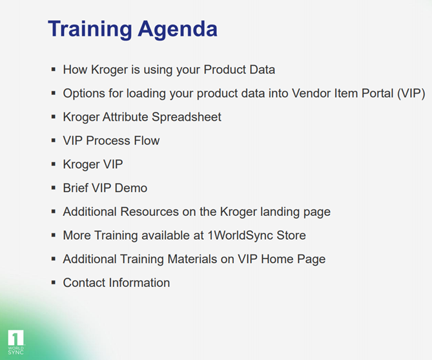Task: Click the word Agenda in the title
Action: [177, 29]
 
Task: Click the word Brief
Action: [77, 188]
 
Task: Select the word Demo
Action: [133, 188]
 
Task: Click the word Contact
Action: [85, 282]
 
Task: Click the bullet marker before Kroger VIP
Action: [54, 164]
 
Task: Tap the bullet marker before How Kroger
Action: [54, 69]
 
